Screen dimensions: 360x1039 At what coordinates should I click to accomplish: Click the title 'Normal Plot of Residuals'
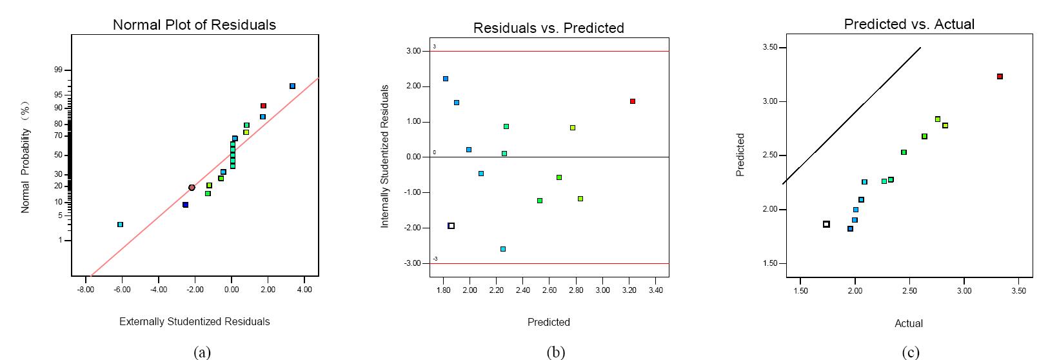tap(194, 25)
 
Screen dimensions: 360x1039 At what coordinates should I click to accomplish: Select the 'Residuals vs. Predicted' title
tap(548, 28)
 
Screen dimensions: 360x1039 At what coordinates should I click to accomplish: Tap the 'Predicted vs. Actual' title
tap(909, 24)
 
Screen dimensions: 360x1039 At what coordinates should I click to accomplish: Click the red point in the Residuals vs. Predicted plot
tap(633, 101)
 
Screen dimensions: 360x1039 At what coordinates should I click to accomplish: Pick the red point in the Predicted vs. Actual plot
tap(1000, 76)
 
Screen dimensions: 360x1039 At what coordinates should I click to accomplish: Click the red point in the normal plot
tap(263, 106)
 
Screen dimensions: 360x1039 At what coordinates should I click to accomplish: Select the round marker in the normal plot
tap(192, 188)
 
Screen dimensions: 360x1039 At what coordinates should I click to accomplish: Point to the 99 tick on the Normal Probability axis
tap(58, 70)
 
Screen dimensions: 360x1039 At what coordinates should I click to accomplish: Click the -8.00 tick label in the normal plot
tap(85, 290)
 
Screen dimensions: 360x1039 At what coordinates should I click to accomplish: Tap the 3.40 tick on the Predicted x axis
tap(655, 290)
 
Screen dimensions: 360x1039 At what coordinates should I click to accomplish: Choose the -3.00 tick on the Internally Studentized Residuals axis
tap(413, 263)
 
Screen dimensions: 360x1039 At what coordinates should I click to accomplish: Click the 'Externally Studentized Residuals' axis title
tap(194, 321)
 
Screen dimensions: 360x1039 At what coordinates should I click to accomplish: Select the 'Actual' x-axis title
tap(908, 323)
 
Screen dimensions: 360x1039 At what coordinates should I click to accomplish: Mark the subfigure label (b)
tap(555, 352)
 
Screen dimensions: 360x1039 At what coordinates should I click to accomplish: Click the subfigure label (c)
tap(911, 352)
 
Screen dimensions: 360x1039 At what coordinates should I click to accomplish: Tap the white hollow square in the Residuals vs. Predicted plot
tap(451, 226)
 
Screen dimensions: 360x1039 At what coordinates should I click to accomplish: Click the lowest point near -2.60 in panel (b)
tap(503, 249)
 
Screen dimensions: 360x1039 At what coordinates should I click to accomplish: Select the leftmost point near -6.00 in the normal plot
tap(120, 225)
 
